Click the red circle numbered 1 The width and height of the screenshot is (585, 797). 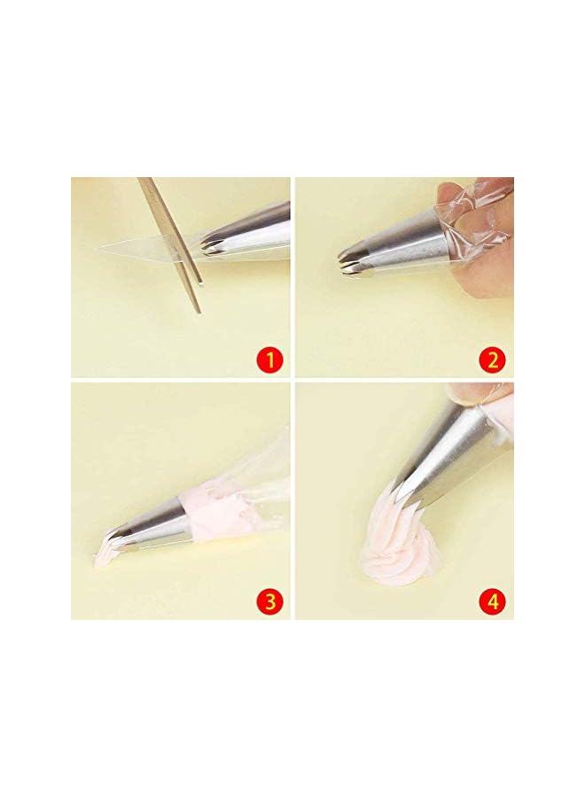tap(270, 360)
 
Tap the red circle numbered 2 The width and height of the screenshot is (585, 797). tap(494, 360)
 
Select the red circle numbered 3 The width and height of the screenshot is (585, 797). tap(270, 601)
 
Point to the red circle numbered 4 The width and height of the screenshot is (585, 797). tap(494, 601)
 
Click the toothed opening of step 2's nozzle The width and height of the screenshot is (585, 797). tap(346, 258)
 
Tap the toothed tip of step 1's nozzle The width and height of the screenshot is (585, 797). tap(209, 247)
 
